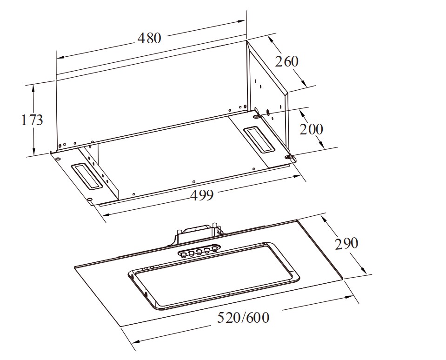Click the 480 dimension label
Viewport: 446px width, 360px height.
pos(149,38)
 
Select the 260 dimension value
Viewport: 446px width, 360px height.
pos(286,62)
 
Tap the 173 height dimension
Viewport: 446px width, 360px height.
pos(32,120)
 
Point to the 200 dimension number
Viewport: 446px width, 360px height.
pos(312,129)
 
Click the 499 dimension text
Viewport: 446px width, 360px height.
pos(202,195)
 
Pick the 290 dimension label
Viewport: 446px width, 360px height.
pos(347,244)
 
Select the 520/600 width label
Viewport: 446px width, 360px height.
pos(243,317)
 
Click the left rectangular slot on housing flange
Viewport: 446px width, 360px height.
pos(86,176)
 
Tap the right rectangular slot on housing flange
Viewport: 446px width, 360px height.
pos(260,139)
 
